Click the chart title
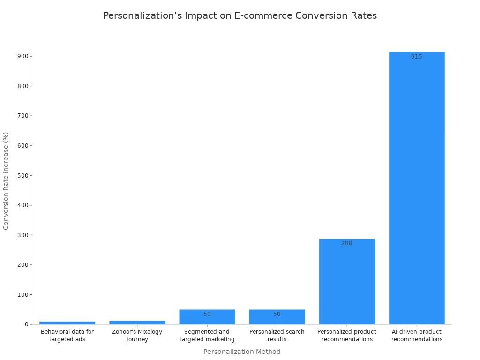pos(240,15)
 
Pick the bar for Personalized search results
pos(277,317)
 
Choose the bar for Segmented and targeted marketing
pos(207,317)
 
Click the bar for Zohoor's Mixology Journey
pos(137,322)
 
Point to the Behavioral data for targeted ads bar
pos(67,322)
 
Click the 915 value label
pos(416,57)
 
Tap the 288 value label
pos(346,243)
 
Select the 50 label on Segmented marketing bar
pos(207,314)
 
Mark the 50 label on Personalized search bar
pos(277,314)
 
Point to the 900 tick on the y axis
pos(22,56)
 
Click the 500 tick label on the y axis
pos(22,175)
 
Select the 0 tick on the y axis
pos(26,324)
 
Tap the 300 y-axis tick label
pos(22,235)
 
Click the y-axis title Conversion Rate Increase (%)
pos(6,180)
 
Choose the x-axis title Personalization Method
pos(242,352)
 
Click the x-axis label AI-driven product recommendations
pos(417,336)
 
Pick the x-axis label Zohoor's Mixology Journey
pos(137,336)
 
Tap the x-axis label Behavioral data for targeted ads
pos(67,336)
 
